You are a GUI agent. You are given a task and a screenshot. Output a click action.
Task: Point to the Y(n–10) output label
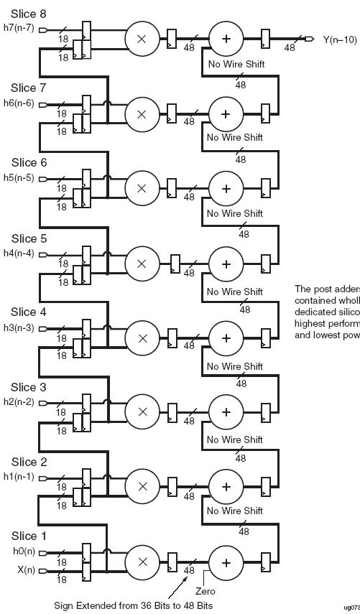point(336,39)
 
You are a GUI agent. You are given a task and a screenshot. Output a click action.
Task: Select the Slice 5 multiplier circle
point(142,262)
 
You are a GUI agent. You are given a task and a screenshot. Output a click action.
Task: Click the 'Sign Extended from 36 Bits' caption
point(133,605)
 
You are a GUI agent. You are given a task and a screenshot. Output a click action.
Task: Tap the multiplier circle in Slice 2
point(142,486)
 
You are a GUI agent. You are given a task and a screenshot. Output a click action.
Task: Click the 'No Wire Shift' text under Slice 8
point(236,65)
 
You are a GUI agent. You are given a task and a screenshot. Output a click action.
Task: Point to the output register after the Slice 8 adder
point(266,38)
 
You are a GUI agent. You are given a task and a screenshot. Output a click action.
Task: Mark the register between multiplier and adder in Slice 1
point(172,561)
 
